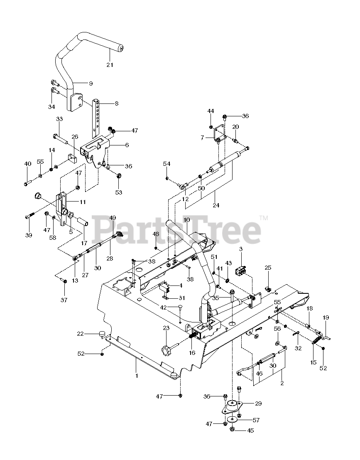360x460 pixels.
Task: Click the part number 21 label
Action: coord(110,65)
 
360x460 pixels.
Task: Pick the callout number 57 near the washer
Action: coord(256,420)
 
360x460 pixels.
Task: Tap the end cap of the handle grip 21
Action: coord(121,48)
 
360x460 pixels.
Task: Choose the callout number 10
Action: coord(186,219)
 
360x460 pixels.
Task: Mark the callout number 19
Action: coord(326,317)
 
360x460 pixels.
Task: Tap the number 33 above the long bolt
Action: coord(59,119)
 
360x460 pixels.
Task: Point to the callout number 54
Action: coord(167,164)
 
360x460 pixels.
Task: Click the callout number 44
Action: coord(211,111)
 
